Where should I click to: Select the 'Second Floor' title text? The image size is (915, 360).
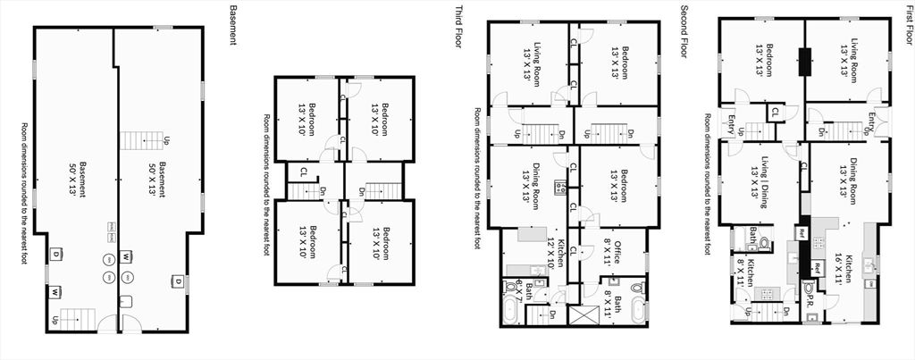(684, 30)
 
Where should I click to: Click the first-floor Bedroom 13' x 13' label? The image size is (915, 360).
(760, 59)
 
